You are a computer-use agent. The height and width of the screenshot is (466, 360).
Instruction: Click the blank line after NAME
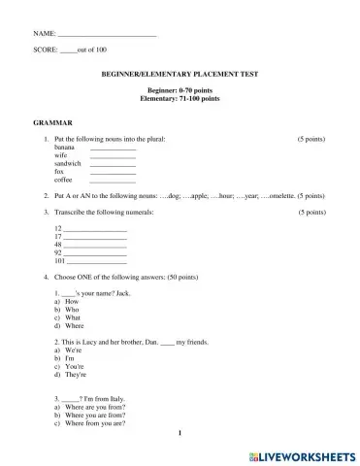(x=108, y=34)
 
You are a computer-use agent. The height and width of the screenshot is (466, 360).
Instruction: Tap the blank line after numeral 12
(x=95, y=228)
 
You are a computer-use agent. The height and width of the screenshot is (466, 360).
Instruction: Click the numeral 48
(x=58, y=245)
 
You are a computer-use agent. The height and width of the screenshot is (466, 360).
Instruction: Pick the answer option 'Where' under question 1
(x=75, y=325)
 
